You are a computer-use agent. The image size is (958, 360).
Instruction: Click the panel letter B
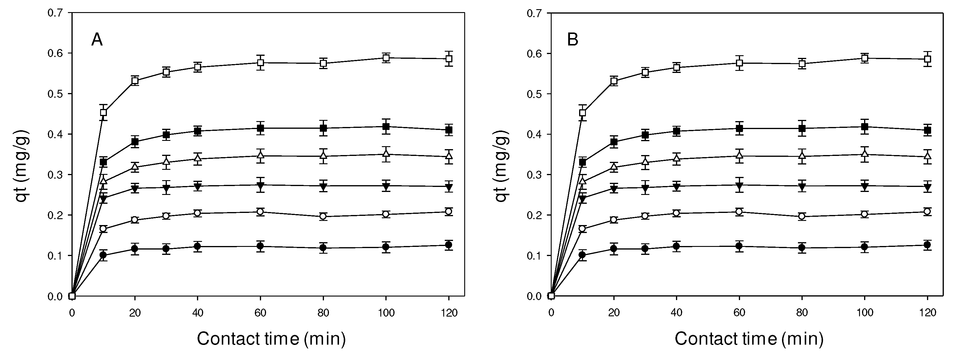[572, 39]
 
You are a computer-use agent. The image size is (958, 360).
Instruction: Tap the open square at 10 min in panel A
[103, 112]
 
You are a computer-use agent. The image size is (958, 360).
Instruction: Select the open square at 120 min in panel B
[928, 59]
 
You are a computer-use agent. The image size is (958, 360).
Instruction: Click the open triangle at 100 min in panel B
[865, 154]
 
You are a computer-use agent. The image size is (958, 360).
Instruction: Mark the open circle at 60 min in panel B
[739, 212]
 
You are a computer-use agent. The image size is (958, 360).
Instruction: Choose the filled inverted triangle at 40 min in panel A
[198, 186]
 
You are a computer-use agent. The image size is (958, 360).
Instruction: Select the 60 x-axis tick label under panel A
[260, 313]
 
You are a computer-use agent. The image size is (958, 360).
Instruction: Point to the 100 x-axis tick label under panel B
[865, 313]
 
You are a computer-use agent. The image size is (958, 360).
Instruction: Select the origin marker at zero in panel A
[72, 296]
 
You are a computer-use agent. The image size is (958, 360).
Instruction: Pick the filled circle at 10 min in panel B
[582, 255]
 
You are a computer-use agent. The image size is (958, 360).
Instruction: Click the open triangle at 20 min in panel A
[135, 167]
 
